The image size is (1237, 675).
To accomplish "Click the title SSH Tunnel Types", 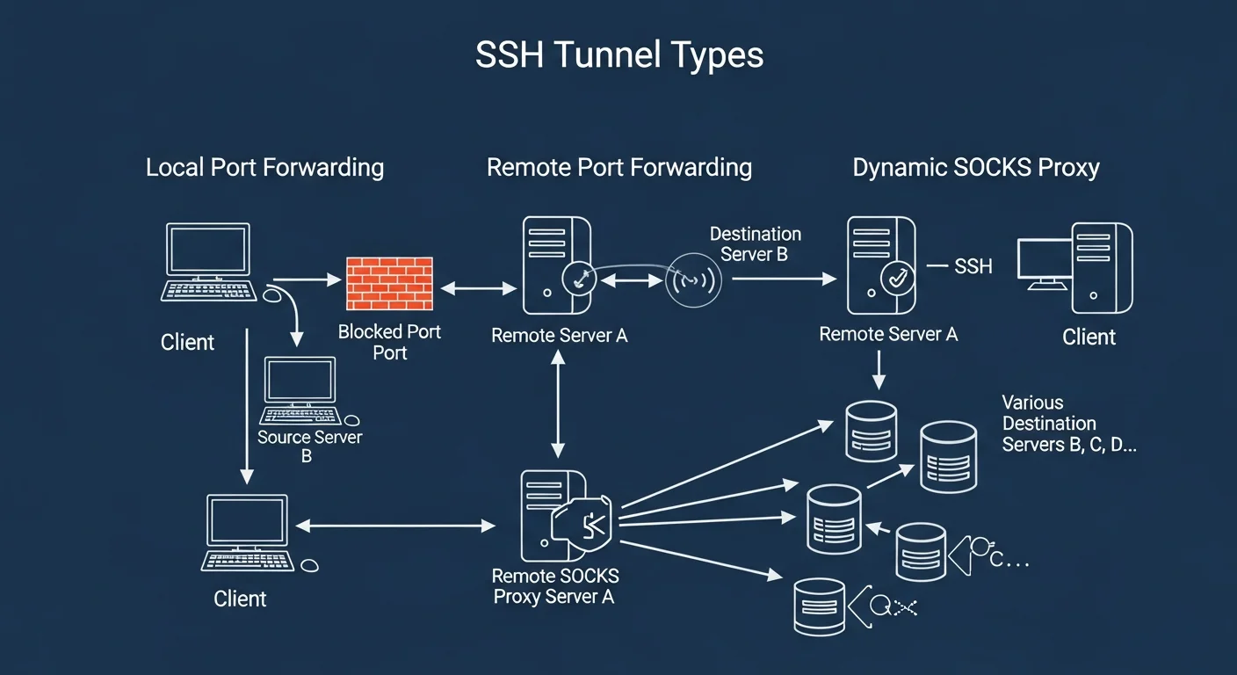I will tap(618, 55).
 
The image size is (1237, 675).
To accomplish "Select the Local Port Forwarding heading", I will tap(264, 167).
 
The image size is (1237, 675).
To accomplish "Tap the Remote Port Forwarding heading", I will tap(618, 167).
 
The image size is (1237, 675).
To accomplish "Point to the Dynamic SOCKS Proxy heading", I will tap(975, 167).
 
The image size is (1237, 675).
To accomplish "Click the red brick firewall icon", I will tap(389, 283).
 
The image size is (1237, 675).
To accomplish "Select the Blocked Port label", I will tap(389, 342).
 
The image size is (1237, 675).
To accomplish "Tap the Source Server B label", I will tap(309, 446).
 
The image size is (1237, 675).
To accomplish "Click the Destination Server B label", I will tap(755, 244).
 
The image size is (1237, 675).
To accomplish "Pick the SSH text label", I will tap(973, 266).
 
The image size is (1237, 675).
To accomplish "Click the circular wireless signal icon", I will tap(692, 280).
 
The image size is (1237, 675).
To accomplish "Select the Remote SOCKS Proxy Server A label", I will tap(554, 586).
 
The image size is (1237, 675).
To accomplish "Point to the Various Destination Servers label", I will tap(1067, 424).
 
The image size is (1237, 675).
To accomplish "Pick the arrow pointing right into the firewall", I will tap(308, 280).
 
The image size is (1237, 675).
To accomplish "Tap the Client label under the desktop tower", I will tap(1089, 337).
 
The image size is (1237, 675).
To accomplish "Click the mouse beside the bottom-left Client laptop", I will tap(309, 565).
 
